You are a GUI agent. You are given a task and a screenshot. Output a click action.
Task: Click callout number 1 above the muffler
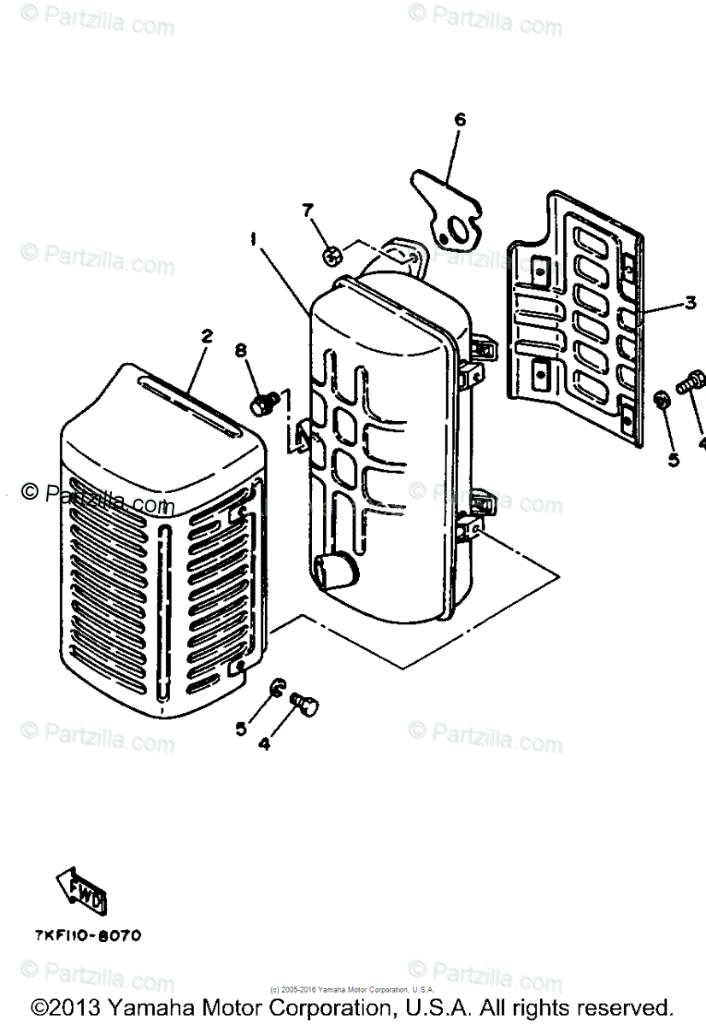[x=254, y=241]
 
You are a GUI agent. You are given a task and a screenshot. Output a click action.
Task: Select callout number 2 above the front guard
[x=206, y=337]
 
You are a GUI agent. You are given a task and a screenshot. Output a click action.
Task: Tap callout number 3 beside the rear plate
[x=690, y=302]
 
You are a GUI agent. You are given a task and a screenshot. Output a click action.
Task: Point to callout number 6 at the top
[x=460, y=120]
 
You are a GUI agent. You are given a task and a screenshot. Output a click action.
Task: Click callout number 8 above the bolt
[x=240, y=349]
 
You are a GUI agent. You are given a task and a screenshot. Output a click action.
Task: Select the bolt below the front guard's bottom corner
[x=305, y=705]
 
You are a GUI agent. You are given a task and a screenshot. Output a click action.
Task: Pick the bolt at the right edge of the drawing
[x=691, y=383]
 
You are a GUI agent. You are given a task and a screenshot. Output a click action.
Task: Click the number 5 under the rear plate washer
[x=673, y=459]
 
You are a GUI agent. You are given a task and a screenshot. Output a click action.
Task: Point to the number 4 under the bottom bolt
[x=264, y=744]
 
